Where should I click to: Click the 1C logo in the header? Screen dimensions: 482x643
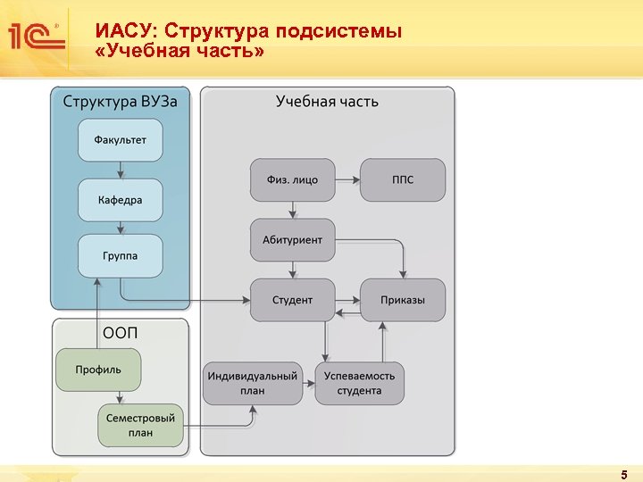coord(35,37)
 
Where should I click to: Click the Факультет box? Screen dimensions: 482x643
coord(121,140)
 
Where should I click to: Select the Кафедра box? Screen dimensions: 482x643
coord(121,200)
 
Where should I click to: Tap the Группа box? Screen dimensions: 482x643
coord(121,255)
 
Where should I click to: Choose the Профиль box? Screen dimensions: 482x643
coord(98,370)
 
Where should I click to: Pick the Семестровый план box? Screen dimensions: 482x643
coord(140,425)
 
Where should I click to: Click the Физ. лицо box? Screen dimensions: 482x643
coord(292,179)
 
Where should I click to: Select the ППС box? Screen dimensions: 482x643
coord(403,179)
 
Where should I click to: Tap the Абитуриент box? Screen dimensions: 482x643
coord(292,239)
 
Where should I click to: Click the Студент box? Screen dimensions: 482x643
coord(292,300)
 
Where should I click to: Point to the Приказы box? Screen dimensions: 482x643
coord(403,300)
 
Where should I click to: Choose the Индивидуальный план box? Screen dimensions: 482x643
coord(253,383)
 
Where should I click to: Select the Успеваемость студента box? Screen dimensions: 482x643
coord(360,383)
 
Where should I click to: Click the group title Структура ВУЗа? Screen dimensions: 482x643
coord(120,101)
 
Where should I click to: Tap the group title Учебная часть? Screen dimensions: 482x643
coord(327,101)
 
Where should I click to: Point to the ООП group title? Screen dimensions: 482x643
coord(121,333)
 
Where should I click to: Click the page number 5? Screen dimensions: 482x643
coord(624,473)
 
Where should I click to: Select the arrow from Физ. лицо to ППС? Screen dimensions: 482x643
coord(347,179)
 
